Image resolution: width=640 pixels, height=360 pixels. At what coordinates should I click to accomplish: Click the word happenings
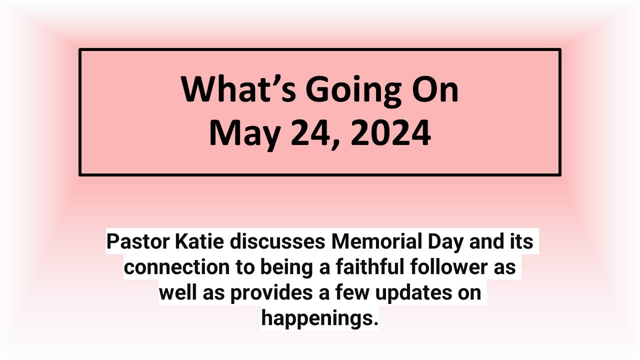click(319, 318)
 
